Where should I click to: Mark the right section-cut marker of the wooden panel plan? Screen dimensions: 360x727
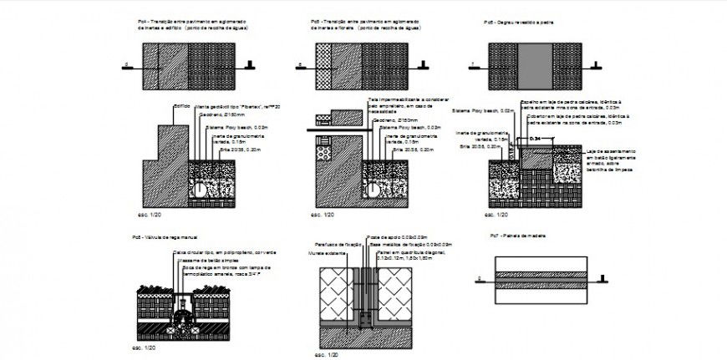(600, 279)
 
